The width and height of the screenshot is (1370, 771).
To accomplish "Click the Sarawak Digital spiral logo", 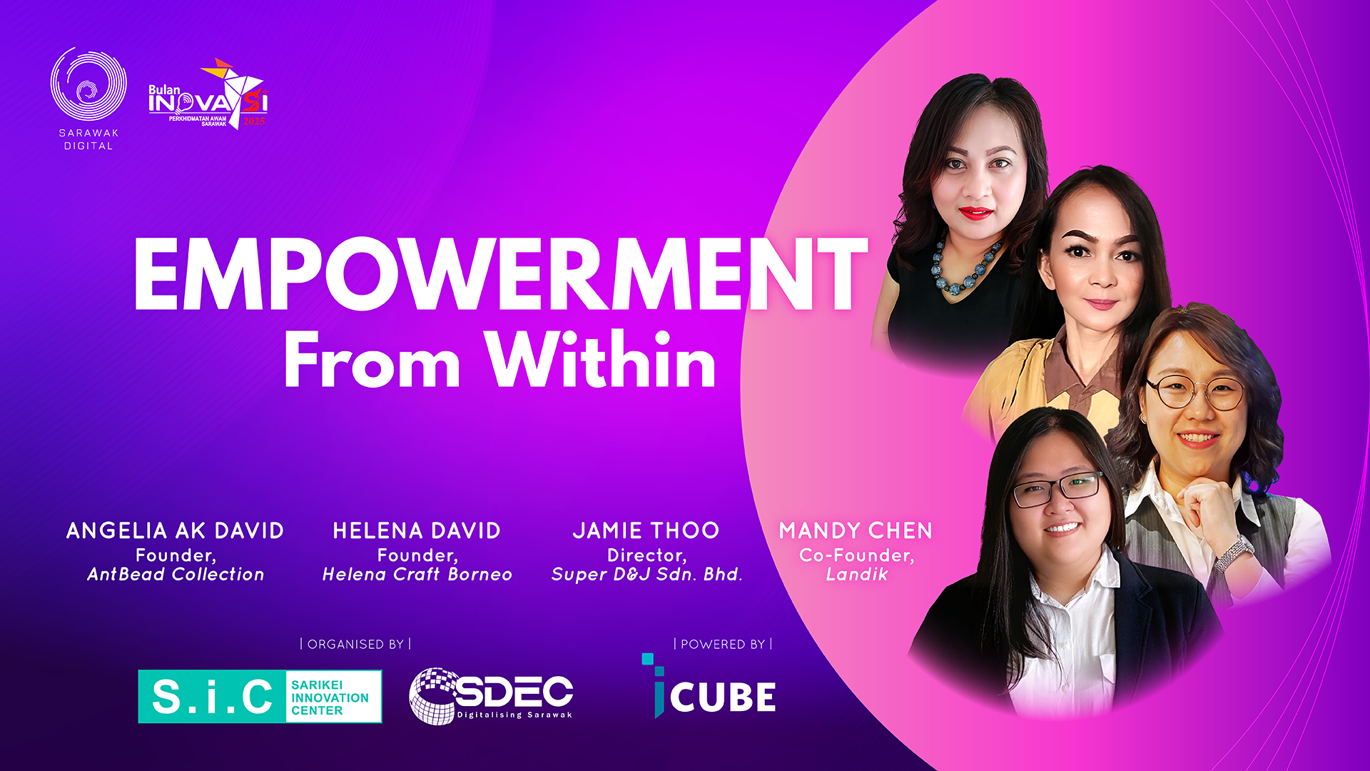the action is pyautogui.click(x=88, y=84).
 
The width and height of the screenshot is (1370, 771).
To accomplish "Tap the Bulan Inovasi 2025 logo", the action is pyautogui.click(x=208, y=94).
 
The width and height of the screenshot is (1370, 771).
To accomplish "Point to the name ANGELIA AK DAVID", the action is pyautogui.click(x=176, y=530).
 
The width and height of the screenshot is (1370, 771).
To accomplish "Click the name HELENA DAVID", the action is pyautogui.click(x=417, y=530).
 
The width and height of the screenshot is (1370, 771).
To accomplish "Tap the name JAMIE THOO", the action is pyautogui.click(x=646, y=530).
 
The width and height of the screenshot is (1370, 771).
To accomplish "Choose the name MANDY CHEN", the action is pyautogui.click(x=856, y=530).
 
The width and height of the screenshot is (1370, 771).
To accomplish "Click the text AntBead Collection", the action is pyautogui.click(x=176, y=574).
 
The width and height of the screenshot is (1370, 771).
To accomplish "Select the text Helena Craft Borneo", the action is pyautogui.click(x=417, y=574).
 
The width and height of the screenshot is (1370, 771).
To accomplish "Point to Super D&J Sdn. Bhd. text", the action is pyautogui.click(x=647, y=574).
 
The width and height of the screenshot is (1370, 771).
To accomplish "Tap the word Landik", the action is pyautogui.click(x=857, y=574).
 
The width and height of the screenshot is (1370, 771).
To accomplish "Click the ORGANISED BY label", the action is pyautogui.click(x=355, y=644).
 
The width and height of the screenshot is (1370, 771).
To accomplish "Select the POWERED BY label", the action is pyautogui.click(x=723, y=644).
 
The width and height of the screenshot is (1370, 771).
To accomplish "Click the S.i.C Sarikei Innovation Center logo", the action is pyautogui.click(x=260, y=697).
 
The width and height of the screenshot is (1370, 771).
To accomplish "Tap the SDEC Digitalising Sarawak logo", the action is pyautogui.click(x=491, y=696).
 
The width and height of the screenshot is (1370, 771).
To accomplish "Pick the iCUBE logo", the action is pyautogui.click(x=709, y=686).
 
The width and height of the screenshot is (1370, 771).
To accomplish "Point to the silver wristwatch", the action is pyautogui.click(x=1234, y=553).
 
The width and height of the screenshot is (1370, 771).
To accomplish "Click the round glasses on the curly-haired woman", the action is pyautogui.click(x=1195, y=393).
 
